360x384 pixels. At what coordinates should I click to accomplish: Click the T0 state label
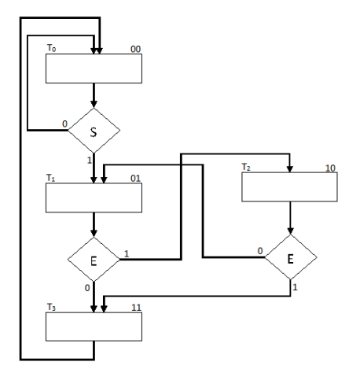(52, 49)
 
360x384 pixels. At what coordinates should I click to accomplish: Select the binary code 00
(135, 49)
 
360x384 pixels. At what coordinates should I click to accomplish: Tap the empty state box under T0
(94, 68)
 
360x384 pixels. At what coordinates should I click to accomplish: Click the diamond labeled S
(94, 131)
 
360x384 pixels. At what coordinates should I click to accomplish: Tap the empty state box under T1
(94, 199)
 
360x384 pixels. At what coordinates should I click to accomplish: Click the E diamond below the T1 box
(94, 260)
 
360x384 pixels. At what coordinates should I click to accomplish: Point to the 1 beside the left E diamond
(126, 253)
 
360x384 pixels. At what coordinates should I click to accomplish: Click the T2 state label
(246, 168)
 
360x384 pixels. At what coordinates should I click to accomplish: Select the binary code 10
(330, 168)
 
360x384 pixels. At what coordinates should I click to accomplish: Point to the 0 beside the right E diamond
(259, 250)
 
